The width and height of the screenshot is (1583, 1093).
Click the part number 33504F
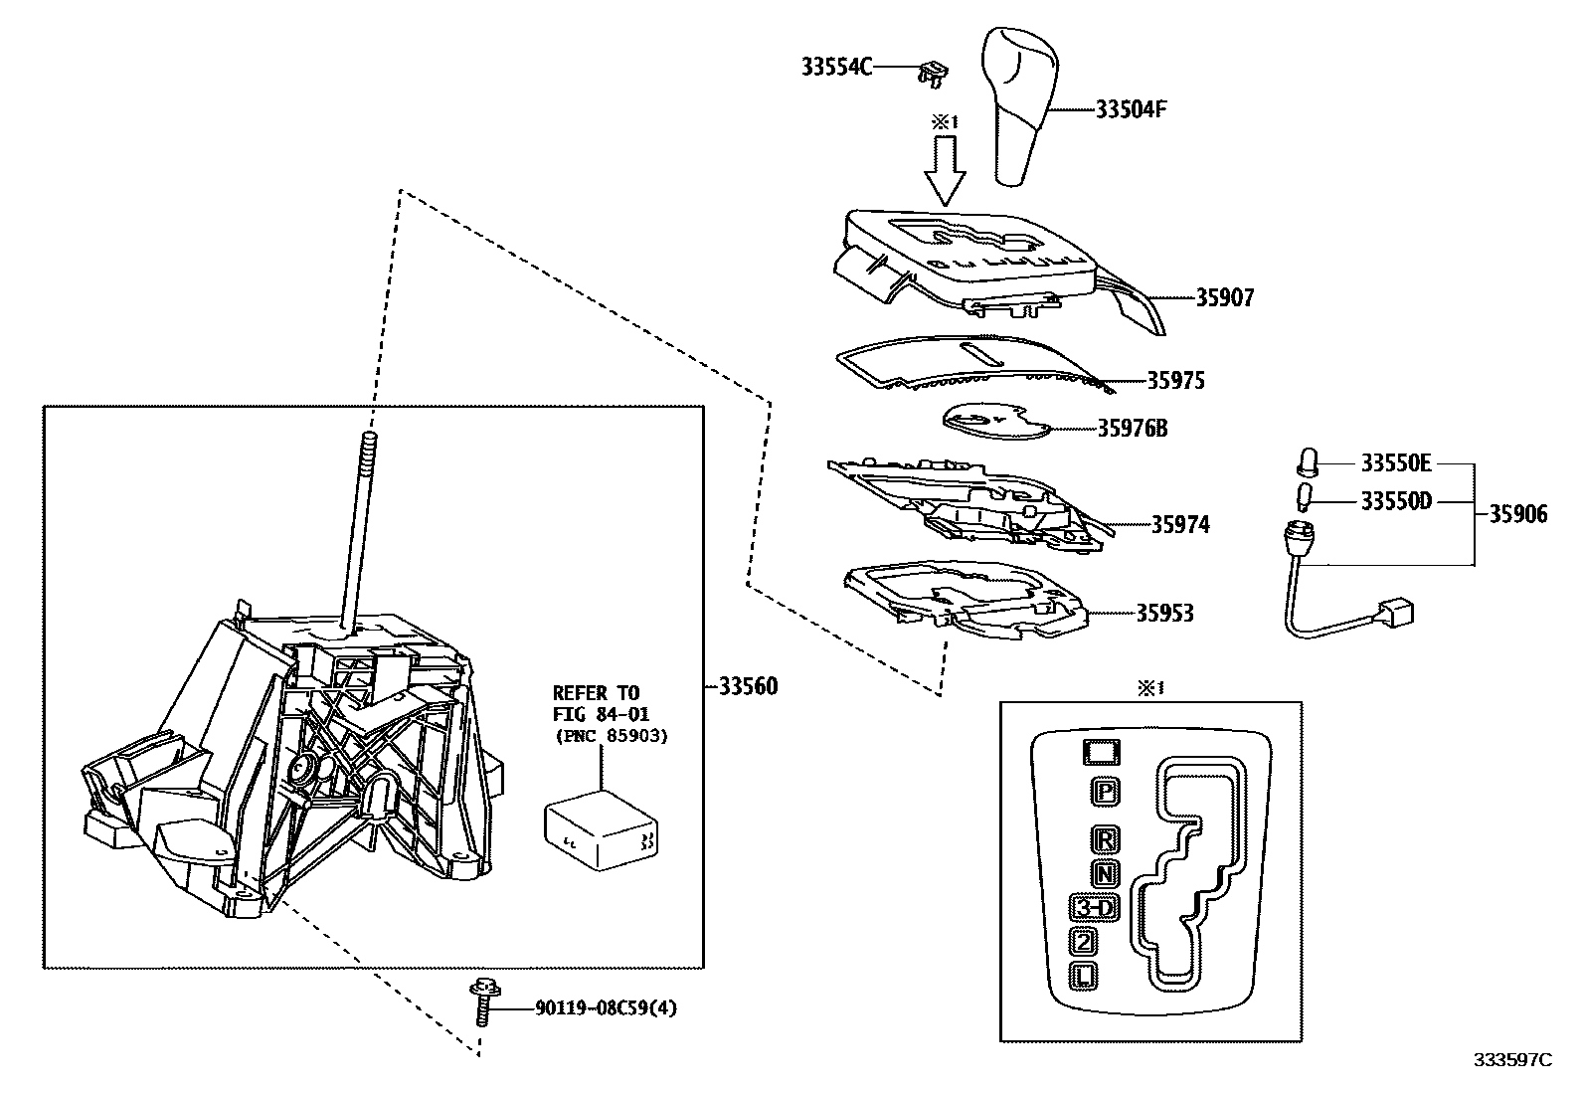[1131, 109]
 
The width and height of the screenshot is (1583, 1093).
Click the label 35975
[1175, 381]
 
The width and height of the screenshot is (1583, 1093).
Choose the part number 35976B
[1133, 429]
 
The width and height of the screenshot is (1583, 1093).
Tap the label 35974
[1181, 524]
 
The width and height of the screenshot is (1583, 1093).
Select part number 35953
[1164, 613]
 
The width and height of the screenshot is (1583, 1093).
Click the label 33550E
[1396, 463]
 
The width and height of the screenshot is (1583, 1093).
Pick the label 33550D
[1396, 502]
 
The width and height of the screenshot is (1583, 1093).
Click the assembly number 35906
[1518, 514]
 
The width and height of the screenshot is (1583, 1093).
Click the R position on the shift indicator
[1105, 839]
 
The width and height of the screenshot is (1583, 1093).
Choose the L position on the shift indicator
[1085, 976]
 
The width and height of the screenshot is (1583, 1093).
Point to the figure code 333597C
[1512, 1060]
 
